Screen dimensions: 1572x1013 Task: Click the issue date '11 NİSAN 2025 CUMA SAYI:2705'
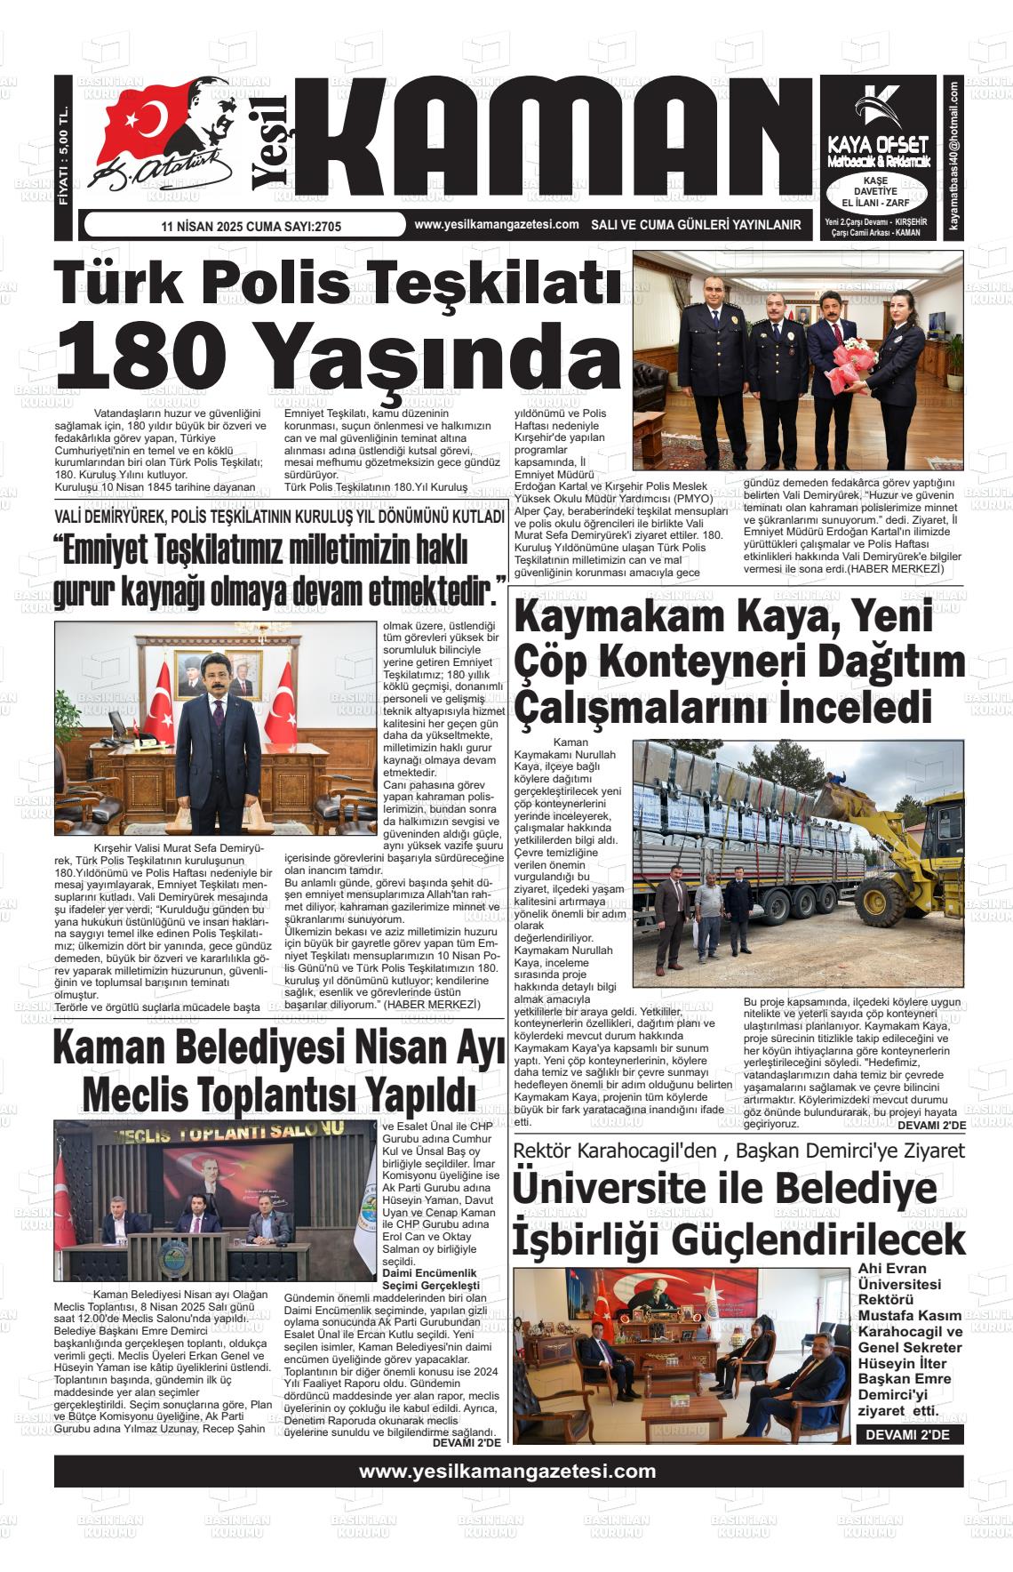(x=251, y=227)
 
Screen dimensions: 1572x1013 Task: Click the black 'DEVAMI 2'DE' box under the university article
(x=909, y=1435)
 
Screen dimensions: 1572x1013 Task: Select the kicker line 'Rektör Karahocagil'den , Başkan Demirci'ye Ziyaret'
(x=738, y=1150)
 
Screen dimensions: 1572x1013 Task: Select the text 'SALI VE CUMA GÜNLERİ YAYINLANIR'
(x=697, y=226)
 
